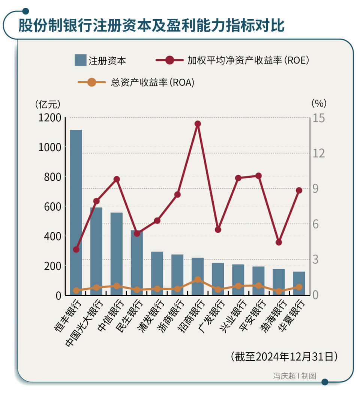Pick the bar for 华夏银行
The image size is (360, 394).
tap(299, 283)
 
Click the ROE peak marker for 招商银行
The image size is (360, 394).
tap(198, 124)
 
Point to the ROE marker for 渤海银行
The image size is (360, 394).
tap(279, 242)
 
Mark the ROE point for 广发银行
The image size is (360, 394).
tap(218, 229)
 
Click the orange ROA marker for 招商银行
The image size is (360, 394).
tap(198, 280)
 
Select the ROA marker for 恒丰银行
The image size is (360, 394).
tap(76, 291)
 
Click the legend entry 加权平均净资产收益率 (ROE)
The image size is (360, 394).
tap(232, 60)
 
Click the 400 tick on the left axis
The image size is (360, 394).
tap(52, 236)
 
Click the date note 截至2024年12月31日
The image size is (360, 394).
tap(284, 356)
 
